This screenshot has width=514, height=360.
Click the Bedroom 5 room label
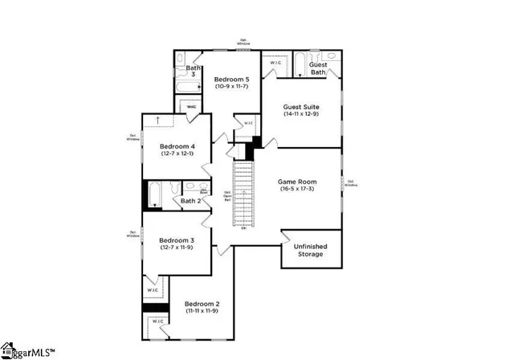230,80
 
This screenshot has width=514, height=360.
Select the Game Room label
298,182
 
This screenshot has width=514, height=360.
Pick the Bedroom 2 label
202,304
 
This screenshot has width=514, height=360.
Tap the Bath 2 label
190,201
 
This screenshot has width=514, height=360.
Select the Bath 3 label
194,71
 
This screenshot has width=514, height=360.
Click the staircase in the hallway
243,194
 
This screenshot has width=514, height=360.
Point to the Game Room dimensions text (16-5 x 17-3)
298,190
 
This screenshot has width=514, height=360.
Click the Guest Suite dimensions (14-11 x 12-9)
301,114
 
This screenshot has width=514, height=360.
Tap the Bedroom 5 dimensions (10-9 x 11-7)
230,87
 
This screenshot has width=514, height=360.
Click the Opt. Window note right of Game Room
352,183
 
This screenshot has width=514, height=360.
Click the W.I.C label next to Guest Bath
275,62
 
